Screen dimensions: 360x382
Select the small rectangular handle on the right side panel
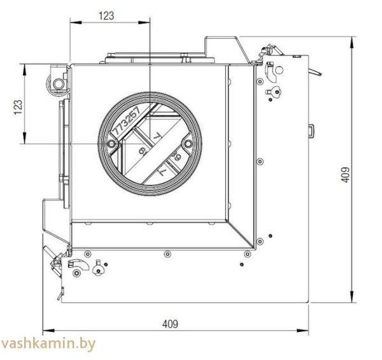tap(311, 131)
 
